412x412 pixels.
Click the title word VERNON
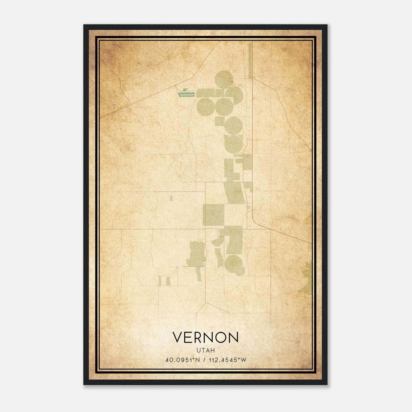(205, 337)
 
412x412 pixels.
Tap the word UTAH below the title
(205, 350)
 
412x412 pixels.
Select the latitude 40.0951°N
(183, 360)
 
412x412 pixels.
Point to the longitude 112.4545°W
(228, 360)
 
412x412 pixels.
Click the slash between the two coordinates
(204, 360)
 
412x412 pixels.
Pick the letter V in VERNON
(177, 337)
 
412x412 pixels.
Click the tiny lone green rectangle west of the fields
(171, 198)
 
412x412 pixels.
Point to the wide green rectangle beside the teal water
(205, 93)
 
